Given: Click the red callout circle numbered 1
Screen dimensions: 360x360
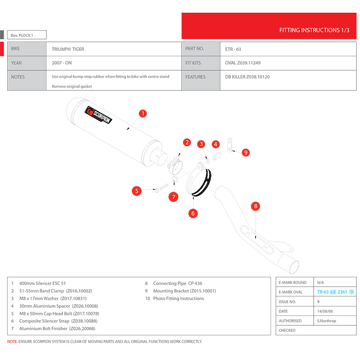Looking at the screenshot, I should (x=142, y=113).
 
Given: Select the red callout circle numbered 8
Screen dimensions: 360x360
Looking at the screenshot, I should (x=256, y=206).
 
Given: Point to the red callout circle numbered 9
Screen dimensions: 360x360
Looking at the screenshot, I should (x=246, y=153).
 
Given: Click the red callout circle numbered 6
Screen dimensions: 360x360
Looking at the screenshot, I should (x=193, y=213).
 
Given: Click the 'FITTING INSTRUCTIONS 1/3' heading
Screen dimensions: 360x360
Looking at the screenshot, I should (x=314, y=31).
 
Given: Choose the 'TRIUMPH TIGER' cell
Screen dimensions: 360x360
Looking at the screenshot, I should (x=68, y=49).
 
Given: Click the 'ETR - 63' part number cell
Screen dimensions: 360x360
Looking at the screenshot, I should (x=233, y=49).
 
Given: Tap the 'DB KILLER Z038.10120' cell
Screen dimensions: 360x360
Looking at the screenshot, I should (x=247, y=77).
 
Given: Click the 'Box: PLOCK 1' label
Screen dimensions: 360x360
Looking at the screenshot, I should (x=22, y=35).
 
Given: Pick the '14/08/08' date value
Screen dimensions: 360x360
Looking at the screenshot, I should (x=326, y=311).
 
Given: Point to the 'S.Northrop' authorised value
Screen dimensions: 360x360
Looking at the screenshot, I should (x=327, y=321).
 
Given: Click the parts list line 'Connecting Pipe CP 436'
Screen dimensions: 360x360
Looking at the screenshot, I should (x=177, y=283).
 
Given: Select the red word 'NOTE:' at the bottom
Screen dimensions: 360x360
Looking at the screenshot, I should (x=13, y=342).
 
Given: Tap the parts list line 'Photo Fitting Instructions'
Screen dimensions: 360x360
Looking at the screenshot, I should (x=178, y=298).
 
